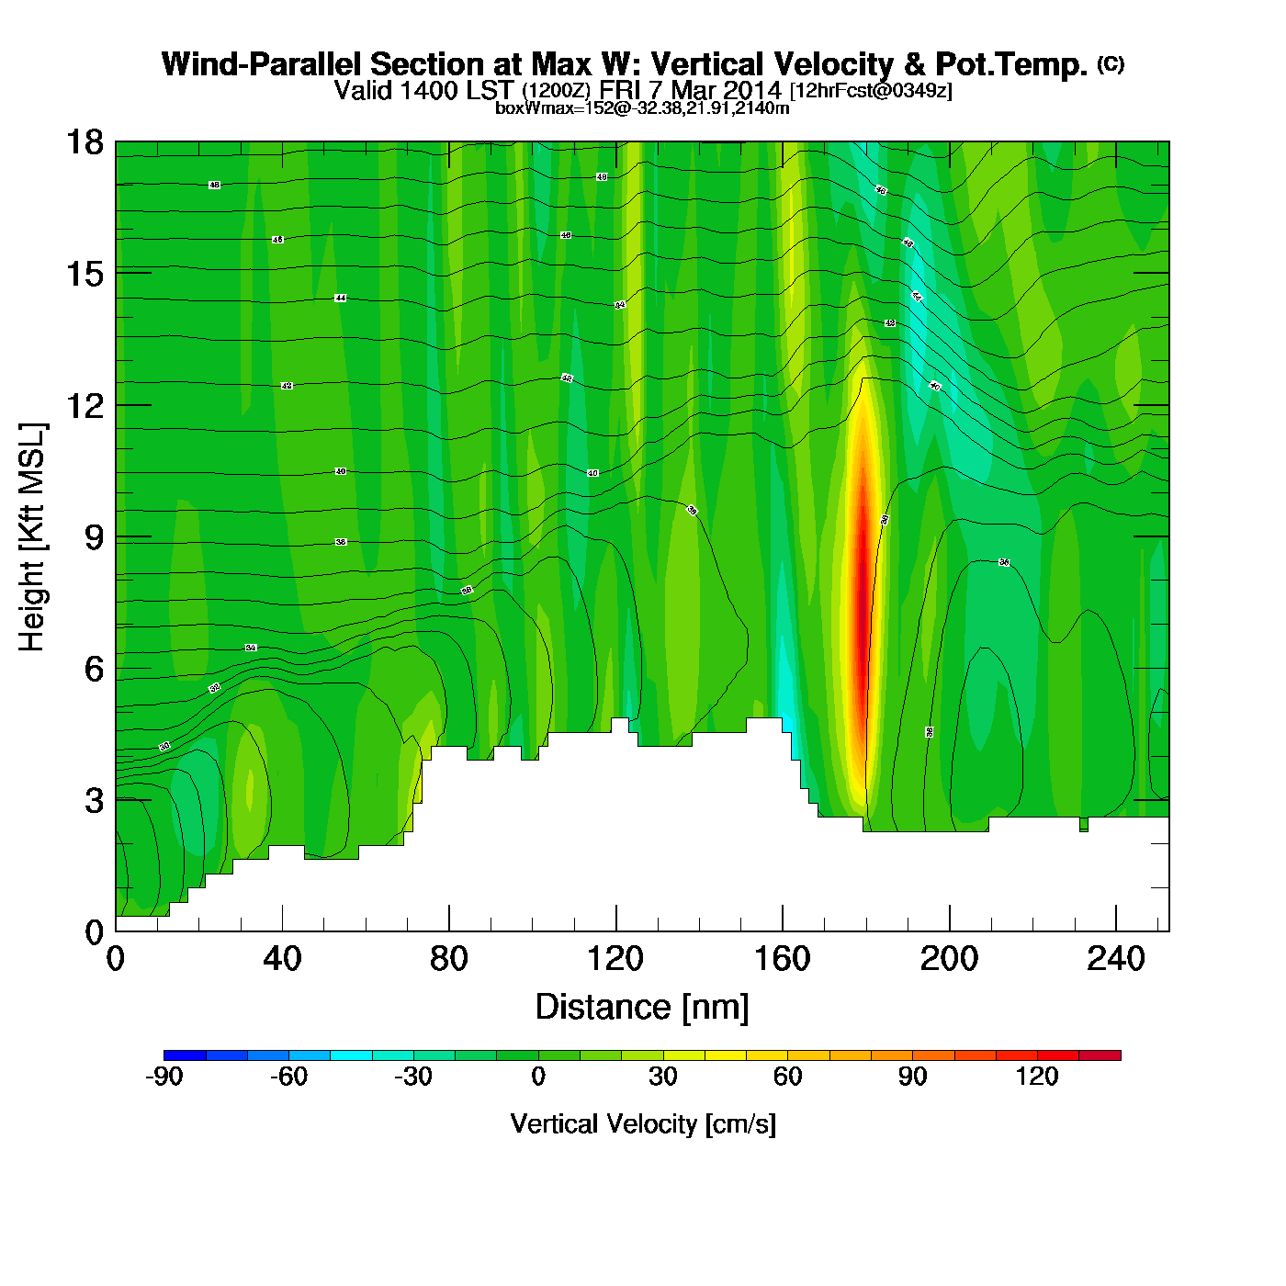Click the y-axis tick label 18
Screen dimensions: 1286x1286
point(84,142)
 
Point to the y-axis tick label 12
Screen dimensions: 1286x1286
point(84,405)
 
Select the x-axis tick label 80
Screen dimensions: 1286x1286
point(448,960)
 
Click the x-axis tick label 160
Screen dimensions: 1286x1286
point(782,960)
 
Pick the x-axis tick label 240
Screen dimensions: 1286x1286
point(1115,960)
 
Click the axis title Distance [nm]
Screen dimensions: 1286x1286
point(642,1008)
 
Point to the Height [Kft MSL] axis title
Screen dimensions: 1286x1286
point(32,537)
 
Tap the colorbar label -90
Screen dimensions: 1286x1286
point(164,1077)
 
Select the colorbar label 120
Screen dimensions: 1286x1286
point(1037,1077)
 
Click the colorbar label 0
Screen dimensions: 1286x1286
point(538,1077)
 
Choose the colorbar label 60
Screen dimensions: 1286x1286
point(787,1077)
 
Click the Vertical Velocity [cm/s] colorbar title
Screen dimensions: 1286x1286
point(643,1124)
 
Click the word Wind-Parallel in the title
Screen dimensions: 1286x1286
point(262,64)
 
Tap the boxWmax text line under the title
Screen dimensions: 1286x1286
point(642,107)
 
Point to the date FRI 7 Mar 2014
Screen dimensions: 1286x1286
point(690,90)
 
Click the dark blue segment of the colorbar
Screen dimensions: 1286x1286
point(185,1055)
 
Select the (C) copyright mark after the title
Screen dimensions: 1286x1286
point(1110,63)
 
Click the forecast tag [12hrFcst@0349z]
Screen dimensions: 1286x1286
point(871,91)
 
